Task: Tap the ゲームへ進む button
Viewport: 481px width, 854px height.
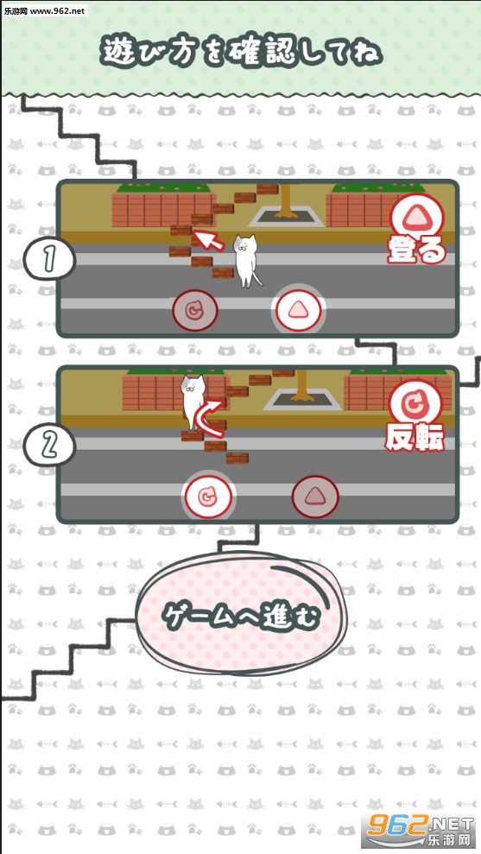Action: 240,616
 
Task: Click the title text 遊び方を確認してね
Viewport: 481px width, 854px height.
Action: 241,54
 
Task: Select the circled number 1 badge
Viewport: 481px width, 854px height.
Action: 48,259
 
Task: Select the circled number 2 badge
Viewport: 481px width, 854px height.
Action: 48,446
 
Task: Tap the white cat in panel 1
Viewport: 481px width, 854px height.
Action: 246,260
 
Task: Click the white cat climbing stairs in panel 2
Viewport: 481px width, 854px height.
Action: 193,400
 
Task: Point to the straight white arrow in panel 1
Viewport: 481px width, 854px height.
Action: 209,240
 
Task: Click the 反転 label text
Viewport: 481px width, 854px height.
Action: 415,437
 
